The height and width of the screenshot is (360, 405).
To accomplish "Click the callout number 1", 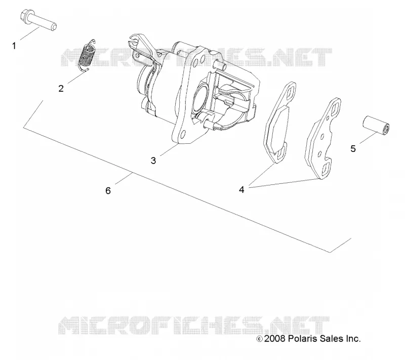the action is pos(14,46).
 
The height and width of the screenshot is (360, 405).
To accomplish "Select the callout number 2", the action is pos(61,89).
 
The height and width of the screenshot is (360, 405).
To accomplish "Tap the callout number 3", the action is pos(153,161).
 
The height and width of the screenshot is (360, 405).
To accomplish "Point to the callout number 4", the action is pos(241,190).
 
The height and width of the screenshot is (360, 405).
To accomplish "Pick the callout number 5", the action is pos(353,149).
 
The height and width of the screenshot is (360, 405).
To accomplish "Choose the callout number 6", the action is pos(108,191).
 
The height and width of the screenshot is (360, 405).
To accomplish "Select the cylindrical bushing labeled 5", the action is pos(376,125).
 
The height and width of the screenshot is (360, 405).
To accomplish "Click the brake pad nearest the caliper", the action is pos(278,123).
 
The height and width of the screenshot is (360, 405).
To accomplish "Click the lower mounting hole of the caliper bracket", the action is pos(183,134).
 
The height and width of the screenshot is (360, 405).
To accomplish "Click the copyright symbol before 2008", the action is pos(259,339).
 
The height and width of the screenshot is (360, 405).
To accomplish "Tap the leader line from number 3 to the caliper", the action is pos(170,150).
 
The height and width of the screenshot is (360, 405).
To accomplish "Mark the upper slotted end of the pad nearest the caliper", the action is pos(290,92).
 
